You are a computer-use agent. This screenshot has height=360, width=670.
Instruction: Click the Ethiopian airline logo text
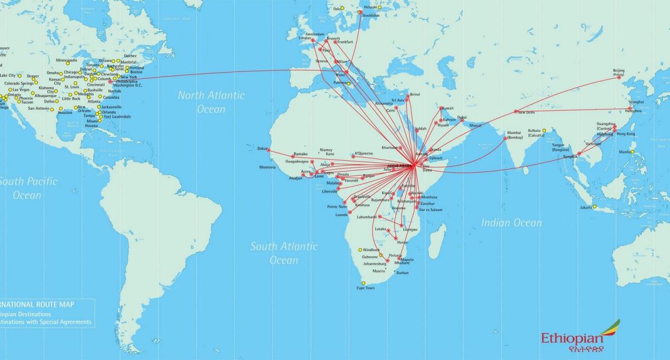click(x=572, y=338)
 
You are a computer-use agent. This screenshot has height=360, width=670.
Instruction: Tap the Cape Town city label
click(x=365, y=288)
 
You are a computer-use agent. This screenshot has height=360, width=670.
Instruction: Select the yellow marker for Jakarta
click(x=595, y=207)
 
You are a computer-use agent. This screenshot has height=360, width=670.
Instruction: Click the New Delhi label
click(x=527, y=112)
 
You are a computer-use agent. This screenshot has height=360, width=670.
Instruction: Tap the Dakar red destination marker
click(x=269, y=150)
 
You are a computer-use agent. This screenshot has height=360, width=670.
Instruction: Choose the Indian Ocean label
click(x=511, y=223)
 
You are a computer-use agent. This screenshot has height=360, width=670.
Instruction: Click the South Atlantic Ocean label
click(x=284, y=253)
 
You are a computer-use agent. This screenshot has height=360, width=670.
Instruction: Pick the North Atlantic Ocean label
click(x=211, y=102)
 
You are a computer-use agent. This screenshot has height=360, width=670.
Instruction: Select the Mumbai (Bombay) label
click(x=514, y=135)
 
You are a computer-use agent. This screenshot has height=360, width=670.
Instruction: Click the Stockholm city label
click(x=371, y=15)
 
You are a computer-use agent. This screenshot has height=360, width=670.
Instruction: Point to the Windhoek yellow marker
click(x=360, y=249)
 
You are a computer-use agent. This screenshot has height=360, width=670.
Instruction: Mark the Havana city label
click(x=92, y=126)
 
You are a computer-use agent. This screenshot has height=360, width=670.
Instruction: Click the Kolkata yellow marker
click(x=544, y=131)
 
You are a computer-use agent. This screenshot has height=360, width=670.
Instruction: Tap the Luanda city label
click(x=341, y=214)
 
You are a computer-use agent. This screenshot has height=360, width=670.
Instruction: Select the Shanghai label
click(x=635, y=102)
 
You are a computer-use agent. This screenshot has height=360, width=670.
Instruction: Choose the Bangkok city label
click(x=570, y=156)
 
